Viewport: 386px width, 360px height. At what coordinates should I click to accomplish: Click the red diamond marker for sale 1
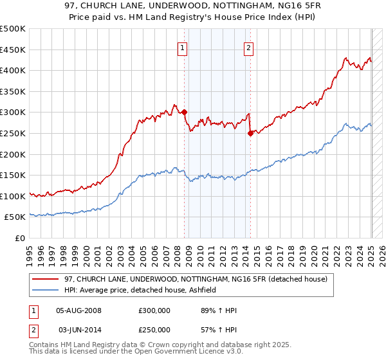coord(184,112)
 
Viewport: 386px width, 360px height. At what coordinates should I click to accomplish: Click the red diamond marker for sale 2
coord(250,133)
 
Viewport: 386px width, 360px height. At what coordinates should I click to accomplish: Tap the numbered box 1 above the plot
coord(182,47)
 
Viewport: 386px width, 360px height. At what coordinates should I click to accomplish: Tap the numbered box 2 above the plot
coord(248,47)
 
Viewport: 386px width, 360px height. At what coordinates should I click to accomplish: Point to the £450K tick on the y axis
coord(13,50)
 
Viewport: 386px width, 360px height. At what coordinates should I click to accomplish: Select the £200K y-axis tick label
coord(13,154)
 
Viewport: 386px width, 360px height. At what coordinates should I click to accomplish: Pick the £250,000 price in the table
coord(154,330)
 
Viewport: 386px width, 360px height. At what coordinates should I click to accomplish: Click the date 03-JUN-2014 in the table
coord(80,330)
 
